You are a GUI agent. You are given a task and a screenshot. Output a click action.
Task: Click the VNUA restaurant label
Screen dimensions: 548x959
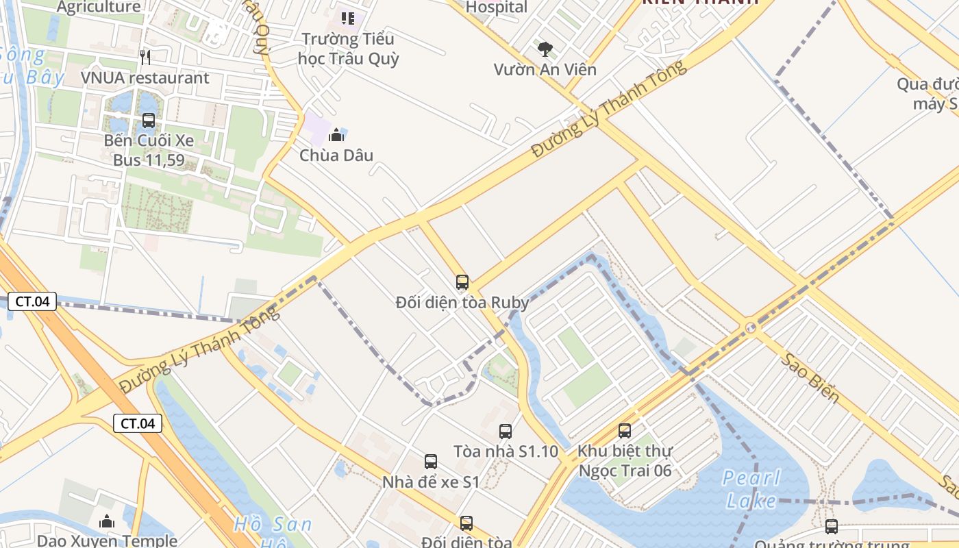145,78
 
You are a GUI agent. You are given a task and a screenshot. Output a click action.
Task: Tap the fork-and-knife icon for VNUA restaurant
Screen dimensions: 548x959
145,57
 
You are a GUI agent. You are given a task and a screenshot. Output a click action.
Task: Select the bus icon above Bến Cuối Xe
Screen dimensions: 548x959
149,121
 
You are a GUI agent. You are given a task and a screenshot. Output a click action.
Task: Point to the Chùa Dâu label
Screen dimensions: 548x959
336,155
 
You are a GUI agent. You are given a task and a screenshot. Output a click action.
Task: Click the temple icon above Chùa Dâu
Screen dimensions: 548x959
336,135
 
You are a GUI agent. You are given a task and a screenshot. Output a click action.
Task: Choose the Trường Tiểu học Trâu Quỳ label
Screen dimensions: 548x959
349,49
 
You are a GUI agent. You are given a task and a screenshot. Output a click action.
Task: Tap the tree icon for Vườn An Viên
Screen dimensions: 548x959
545,49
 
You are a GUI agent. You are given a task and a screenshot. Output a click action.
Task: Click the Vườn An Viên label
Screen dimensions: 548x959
545,69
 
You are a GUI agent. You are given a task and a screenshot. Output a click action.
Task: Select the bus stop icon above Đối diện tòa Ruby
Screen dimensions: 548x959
462,282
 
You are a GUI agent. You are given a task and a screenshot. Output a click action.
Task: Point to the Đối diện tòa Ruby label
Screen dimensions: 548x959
462,302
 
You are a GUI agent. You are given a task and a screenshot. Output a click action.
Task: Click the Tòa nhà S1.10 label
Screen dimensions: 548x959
506,451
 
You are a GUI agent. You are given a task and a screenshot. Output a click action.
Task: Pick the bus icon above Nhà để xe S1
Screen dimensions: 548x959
431,462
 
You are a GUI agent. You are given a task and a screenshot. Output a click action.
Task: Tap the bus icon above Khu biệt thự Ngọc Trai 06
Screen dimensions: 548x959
625,430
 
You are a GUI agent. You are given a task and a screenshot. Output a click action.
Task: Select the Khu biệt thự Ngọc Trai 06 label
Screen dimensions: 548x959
625,461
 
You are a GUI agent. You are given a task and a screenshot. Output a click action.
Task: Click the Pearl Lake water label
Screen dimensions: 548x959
751,489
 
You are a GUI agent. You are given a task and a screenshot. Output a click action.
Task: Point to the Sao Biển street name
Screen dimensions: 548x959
812,378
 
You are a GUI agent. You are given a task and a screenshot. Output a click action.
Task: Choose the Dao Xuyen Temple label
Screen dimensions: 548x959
107,540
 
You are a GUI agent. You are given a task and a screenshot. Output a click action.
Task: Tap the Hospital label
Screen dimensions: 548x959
497,8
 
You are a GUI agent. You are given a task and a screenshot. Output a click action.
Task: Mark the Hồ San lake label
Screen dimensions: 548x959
273,525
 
